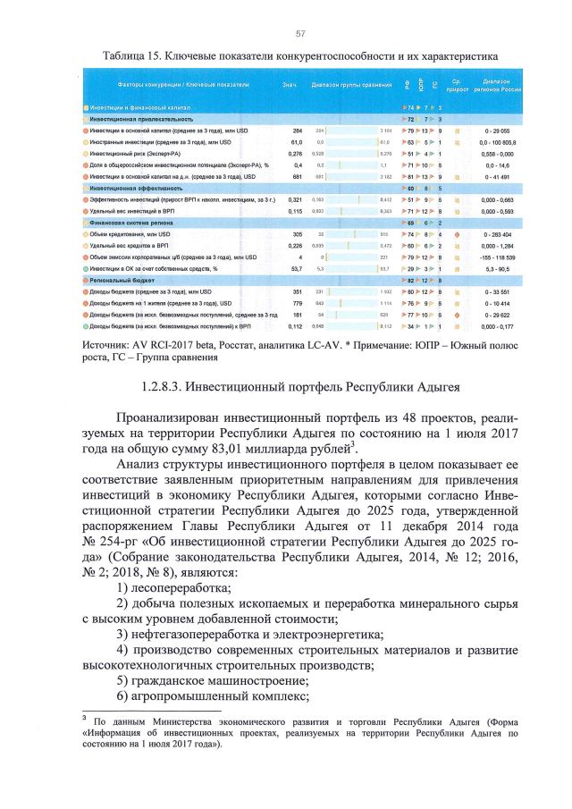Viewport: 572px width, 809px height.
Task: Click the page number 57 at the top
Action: (300, 34)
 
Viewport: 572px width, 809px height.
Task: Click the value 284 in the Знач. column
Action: (298, 131)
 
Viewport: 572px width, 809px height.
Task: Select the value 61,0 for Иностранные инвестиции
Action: (297, 142)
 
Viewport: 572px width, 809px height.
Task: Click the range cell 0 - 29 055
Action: (497, 131)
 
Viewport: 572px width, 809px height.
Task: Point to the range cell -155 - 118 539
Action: (497, 257)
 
